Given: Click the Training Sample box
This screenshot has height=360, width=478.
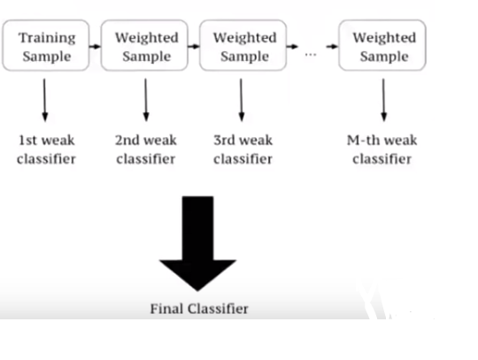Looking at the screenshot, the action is [46, 45].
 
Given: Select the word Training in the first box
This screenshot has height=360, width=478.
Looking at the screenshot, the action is [47, 38].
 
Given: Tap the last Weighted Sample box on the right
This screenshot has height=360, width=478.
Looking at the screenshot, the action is [382, 45].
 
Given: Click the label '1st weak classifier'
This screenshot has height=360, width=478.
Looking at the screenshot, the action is [46, 149].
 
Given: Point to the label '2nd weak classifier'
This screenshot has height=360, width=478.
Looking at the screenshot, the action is [146, 149].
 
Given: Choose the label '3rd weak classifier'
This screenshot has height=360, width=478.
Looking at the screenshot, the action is [243, 149].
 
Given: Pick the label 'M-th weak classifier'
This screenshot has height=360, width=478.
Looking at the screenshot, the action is [382, 149].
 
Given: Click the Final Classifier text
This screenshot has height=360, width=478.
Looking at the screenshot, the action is [199, 309].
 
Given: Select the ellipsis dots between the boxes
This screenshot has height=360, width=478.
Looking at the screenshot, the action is [311, 55].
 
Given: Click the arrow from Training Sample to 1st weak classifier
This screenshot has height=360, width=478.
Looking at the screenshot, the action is [45, 100].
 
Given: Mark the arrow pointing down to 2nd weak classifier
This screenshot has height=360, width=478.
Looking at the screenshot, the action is [146, 100].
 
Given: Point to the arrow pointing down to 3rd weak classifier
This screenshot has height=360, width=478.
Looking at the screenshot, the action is [241, 100].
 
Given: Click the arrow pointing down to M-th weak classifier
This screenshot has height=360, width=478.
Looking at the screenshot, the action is [383, 100].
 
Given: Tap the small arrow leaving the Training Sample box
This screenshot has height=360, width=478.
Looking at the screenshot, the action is [95, 47].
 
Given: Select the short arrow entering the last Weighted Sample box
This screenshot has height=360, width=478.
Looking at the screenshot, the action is [332, 47].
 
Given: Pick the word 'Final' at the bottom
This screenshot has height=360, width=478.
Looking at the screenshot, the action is [167, 309].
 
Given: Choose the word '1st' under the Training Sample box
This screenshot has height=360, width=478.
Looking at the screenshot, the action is [27, 141].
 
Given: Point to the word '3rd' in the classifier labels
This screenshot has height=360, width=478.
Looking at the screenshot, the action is [224, 141].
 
